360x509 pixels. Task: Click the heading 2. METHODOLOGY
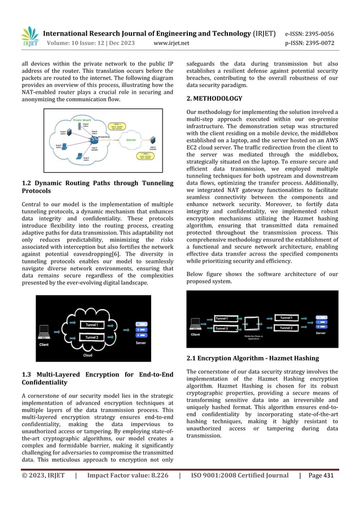[214, 98]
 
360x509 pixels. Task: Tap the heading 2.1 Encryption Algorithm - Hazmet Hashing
[252, 358]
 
